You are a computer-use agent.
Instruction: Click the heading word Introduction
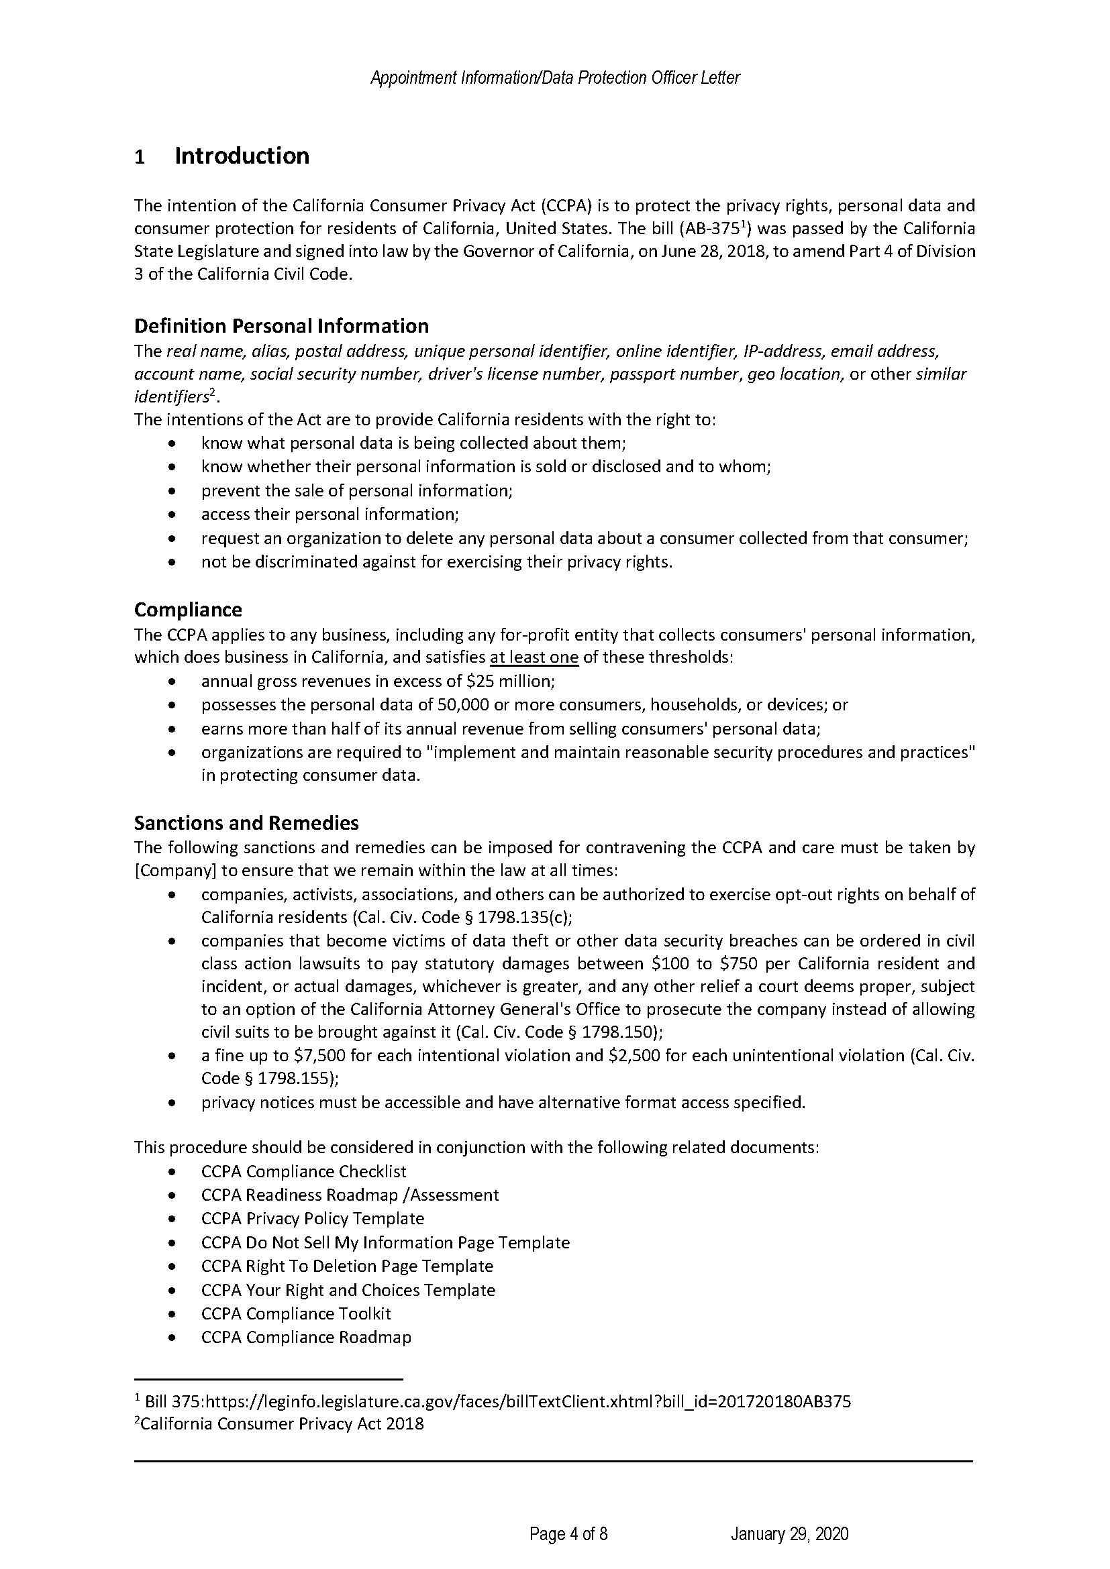242,156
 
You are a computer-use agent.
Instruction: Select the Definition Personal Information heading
281,326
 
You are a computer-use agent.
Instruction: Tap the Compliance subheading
188,610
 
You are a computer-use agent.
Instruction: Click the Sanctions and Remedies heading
246,823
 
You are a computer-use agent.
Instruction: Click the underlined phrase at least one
534,658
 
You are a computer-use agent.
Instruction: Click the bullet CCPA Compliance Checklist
303,1172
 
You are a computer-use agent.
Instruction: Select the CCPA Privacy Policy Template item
312,1218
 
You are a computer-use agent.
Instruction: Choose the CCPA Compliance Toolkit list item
296,1313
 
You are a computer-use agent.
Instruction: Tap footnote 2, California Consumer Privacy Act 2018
281,1424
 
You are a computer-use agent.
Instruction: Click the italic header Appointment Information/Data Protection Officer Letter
554,78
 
